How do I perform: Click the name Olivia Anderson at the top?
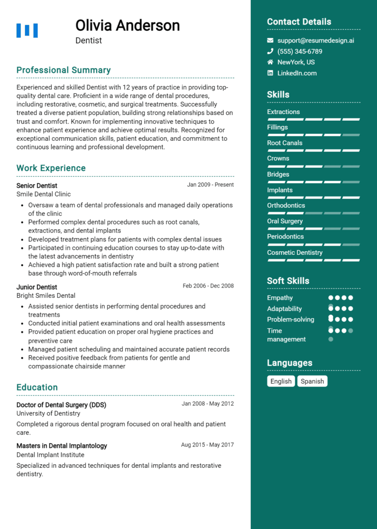[x=128, y=25]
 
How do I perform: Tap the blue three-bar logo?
[x=27, y=30]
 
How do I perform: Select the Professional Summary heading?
[x=63, y=70]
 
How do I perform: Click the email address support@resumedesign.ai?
[x=316, y=41]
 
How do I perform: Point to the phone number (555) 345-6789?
[x=299, y=52]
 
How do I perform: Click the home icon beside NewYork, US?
[x=270, y=62]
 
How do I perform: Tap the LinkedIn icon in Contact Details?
[x=270, y=73]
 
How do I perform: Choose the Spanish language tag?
[x=312, y=381]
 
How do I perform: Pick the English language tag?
[x=281, y=381]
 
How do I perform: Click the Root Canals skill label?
[x=285, y=143]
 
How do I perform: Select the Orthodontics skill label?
[x=286, y=206]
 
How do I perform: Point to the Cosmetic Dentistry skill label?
[x=295, y=253]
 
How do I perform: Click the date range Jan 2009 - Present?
[x=210, y=185]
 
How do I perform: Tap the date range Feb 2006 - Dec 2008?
[x=208, y=286]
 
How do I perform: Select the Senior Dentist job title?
[x=37, y=185]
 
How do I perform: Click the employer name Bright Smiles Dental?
[x=46, y=295]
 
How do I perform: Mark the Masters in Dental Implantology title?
[x=61, y=446]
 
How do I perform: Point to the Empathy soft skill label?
[x=280, y=298]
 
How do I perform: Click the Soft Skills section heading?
[x=288, y=281]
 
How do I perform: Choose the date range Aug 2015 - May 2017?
[x=207, y=445]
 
